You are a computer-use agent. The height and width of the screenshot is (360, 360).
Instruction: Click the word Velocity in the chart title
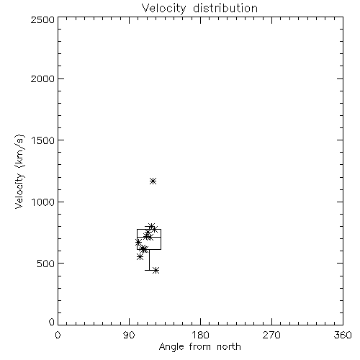pos(164,9)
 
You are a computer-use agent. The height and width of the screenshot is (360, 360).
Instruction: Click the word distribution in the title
pos(225,8)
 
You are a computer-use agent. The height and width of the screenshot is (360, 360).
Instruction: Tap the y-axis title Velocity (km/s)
pos(19,171)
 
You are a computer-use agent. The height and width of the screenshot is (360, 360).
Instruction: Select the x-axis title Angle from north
pos(200,346)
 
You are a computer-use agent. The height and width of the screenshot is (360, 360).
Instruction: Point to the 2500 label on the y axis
pos(42,19)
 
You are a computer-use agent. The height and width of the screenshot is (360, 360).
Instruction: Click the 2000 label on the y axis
pos(42,78)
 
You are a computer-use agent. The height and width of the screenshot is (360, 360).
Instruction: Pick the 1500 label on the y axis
pos(43,140)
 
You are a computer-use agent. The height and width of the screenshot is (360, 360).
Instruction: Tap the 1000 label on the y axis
pos(43,202)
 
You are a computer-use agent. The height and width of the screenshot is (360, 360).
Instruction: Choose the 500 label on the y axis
pos(46,264)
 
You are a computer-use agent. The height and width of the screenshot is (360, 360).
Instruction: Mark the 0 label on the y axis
pos(52,322)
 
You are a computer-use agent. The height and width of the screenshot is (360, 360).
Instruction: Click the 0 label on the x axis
pos(58,335)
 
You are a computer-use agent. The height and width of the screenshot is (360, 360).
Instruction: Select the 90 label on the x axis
pos(129,335)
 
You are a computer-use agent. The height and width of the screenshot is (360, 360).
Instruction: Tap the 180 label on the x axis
pos(200,335)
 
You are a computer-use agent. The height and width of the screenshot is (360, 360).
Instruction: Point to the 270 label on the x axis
pos(271,335)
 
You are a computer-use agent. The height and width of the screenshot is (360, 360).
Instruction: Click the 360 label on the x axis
pos(343,335)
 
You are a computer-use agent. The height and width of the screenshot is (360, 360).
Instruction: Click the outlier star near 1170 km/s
pos(153,181)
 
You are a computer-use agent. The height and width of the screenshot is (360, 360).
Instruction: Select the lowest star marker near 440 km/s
pos(156,271)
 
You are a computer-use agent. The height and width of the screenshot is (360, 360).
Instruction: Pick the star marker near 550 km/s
pos(140,257)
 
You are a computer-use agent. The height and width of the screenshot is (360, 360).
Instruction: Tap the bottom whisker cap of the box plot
pos(149,270)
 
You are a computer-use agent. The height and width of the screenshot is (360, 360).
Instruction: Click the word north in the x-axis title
pos(229,346)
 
